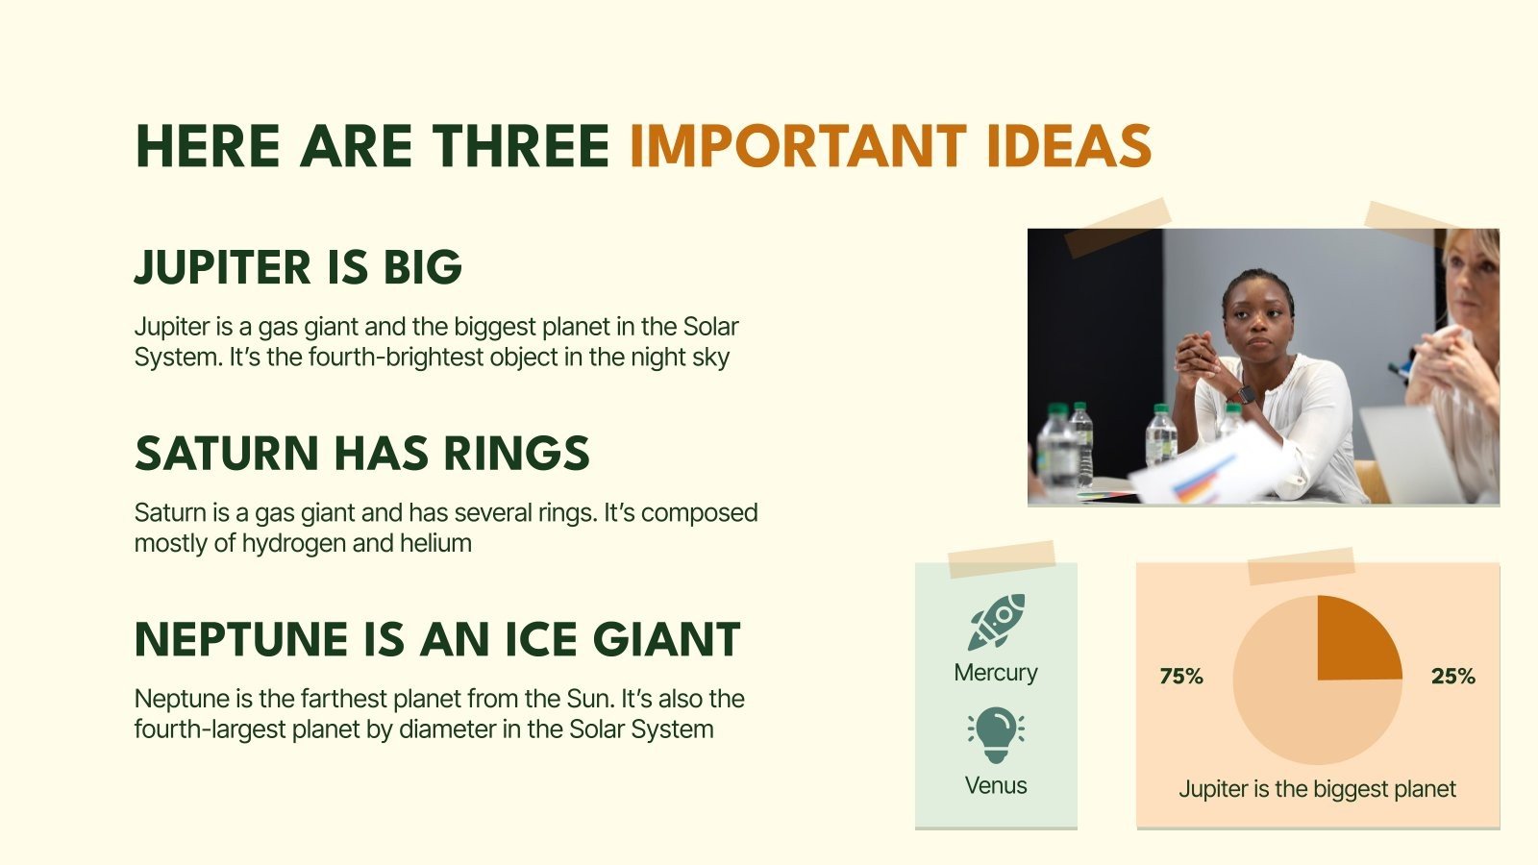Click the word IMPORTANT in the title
[x=798, y=146]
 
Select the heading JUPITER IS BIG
[x=298, y=267]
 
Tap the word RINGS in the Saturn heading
[x=516, y=453]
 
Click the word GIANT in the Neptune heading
[x=667, y=639]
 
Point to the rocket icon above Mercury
[x=996, y=622]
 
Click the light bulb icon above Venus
[x=996, y=734]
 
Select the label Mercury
[x=996, y=672]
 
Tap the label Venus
[x=996, y=784]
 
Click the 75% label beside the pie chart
[x=1181, y=677]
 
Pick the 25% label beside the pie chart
[x=1452, y=677]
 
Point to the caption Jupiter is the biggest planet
[x=1317, y=789]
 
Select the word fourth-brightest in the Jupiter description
[x=396, y=358]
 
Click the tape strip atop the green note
[x=1002, y=558]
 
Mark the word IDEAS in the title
[x=1070, y=146]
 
